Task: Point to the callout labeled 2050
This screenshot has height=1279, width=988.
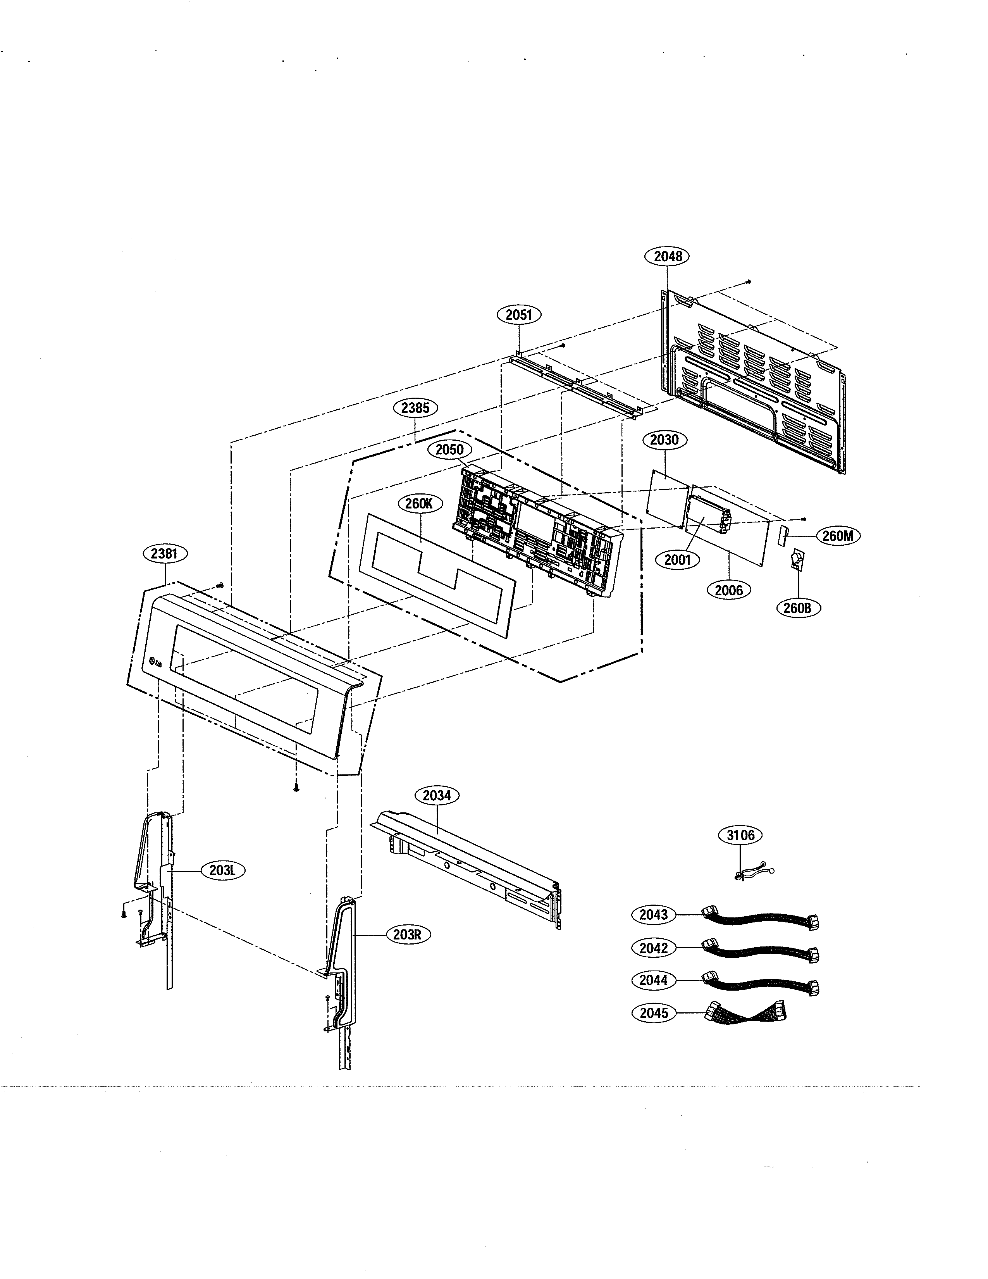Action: point(449,450)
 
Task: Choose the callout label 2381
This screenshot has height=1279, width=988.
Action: point(164,553)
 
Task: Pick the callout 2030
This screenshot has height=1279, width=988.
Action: point(664,440)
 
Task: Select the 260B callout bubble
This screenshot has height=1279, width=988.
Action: point(798,608)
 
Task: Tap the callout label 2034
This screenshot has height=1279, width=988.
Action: point(437,796)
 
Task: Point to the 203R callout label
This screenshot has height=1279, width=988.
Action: point(407,935)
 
